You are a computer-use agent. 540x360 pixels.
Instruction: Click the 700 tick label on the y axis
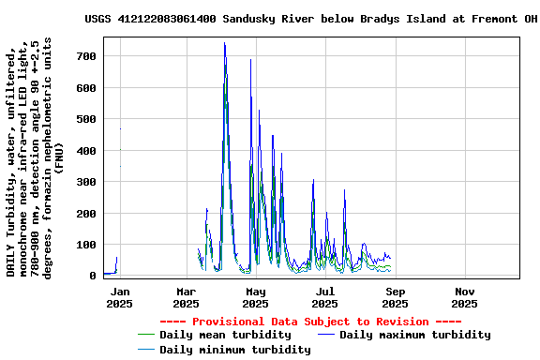pyautogui.click(x=87, y=56)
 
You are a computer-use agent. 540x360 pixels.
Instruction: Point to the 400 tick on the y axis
pyautogui.click(x=87, y=151)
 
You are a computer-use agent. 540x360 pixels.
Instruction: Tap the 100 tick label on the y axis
pyautogui.click(x=87, y=245)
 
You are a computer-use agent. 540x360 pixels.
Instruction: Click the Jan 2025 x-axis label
pyautogui.click(x=119, y=297)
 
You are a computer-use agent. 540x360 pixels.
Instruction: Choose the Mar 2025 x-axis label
pyautogui.click(x=187, y=297)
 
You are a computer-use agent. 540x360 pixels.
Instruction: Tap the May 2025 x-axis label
pyautogui.click(x=256, y=297)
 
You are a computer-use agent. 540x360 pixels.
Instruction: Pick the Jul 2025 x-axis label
pyautogui.click(x=324, y=297)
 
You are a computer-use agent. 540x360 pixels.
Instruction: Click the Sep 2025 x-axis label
pyautogui.click(x=395, y=297)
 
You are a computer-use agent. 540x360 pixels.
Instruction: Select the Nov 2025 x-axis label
pyautogui.click(x=464, y=297)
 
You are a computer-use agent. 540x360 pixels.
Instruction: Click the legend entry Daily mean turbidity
pyautogui.click(x=225, y=335)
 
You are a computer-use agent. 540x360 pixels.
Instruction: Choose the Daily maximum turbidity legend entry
pyautogui.click(x=414, y=335)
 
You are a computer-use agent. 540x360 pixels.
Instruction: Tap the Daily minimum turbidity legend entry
pyautogui.click(x=234, y=350)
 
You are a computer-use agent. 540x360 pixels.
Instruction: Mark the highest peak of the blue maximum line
pyautogui.click(x=224, y=43)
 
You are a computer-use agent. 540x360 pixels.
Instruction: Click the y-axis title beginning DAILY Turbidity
pyautogui.click(x=36, y=157)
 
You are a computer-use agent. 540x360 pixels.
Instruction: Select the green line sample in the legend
pyautogui.click(x=145, y=335)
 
